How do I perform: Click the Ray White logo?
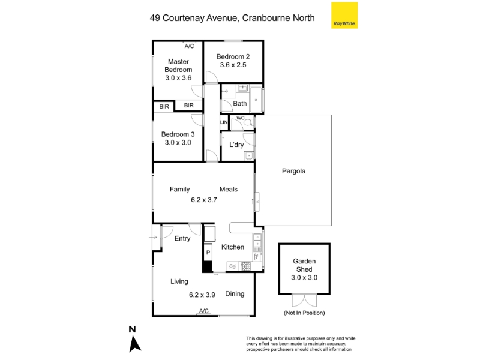pos(344,16)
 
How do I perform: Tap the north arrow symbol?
pos(134,344)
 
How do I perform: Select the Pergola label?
pos(293,171)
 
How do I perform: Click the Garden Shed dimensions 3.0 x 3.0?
pos(304,278)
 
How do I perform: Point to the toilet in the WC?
pos(248,123)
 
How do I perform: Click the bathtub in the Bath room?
pos(256,100)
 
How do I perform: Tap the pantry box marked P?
pos(208,253)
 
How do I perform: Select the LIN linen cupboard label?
pos(224,122)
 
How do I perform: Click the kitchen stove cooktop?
pos(246,266)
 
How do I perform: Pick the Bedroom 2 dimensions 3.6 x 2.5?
pos(233,65)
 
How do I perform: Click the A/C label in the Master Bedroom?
pos(189,46)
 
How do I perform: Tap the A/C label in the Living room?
pos(204,311)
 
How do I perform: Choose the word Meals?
pos(229,190)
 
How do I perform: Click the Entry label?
pos(182,238)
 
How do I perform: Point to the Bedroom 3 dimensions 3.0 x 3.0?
pos(178,143)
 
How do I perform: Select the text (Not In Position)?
pos(304,313)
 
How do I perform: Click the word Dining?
pos(235,294)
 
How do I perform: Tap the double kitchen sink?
pos(257,241)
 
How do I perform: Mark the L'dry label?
pos(236,145)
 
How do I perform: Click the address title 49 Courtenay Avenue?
pos(193,18)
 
